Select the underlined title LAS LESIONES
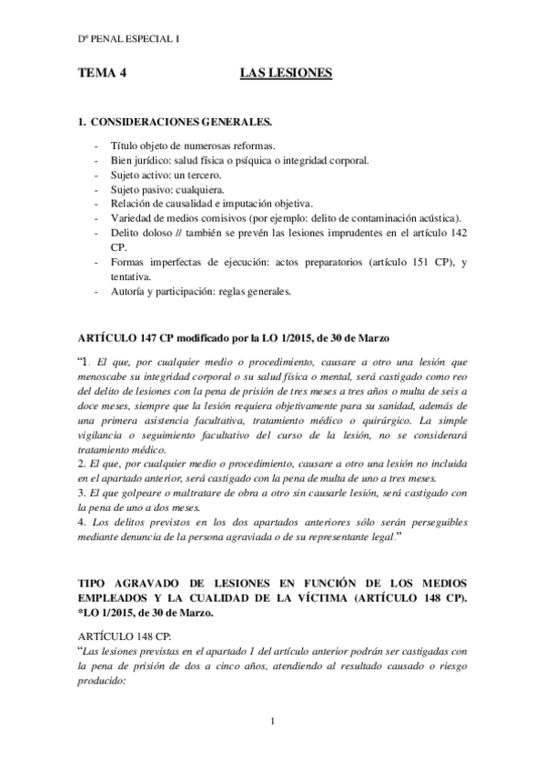pyautogui.click(x=285, y=74)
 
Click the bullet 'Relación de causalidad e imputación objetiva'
pyautogui.click(x=211, y=204)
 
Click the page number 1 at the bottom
pyautogui.click(x=272, y=722)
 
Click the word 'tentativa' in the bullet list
pyautogui.click(x=131, y=277)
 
